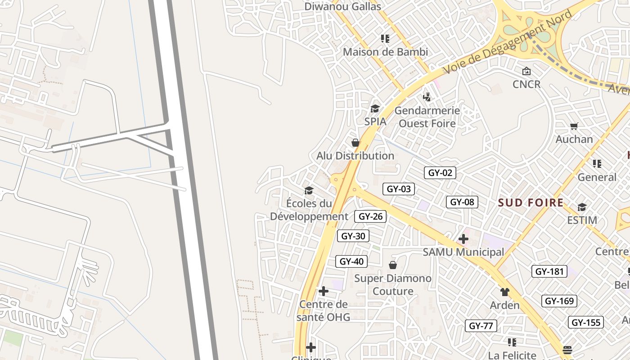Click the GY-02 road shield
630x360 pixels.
440,173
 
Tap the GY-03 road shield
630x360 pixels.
399,189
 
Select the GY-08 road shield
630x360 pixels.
462,202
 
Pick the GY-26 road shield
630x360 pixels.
370,216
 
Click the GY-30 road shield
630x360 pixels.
353,236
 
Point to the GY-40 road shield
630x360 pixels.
351,261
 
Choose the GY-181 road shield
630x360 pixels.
549,271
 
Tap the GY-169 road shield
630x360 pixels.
560,301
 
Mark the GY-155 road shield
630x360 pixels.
587,322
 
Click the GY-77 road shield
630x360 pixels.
481,326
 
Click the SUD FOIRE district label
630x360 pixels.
531,202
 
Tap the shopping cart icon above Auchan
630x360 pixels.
574,126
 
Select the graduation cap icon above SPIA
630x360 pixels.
375,108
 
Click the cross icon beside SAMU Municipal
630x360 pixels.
463,239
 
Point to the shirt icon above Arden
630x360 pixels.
504,292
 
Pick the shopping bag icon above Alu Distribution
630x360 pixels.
355,143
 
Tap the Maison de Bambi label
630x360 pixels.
385,52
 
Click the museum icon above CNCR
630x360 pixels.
526,71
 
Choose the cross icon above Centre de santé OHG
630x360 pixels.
323,291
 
